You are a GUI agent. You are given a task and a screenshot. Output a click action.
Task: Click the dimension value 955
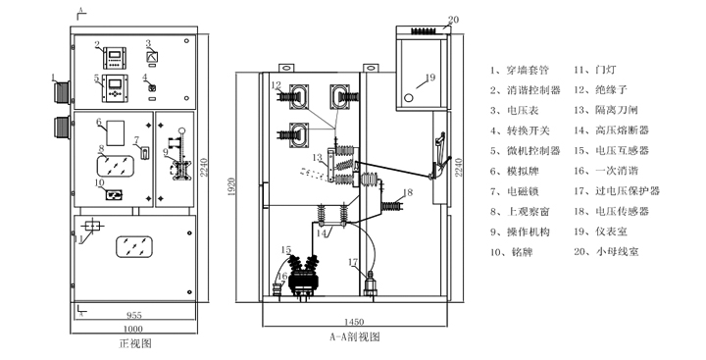[x=134, y=315]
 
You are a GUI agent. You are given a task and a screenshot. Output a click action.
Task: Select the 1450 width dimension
[x=354, y=322]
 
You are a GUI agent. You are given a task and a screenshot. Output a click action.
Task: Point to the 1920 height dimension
[x=231, y=188]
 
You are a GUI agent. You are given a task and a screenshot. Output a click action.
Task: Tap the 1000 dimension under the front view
[x=132, y=329]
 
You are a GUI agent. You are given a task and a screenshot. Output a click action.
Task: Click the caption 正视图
[x=135, y=343]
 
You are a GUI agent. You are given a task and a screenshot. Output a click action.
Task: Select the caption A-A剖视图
[x=355, y=337]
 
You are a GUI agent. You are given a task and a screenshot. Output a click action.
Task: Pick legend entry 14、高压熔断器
[x=611, y=130]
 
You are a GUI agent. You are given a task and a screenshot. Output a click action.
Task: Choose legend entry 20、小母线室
[x=606, y=252]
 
